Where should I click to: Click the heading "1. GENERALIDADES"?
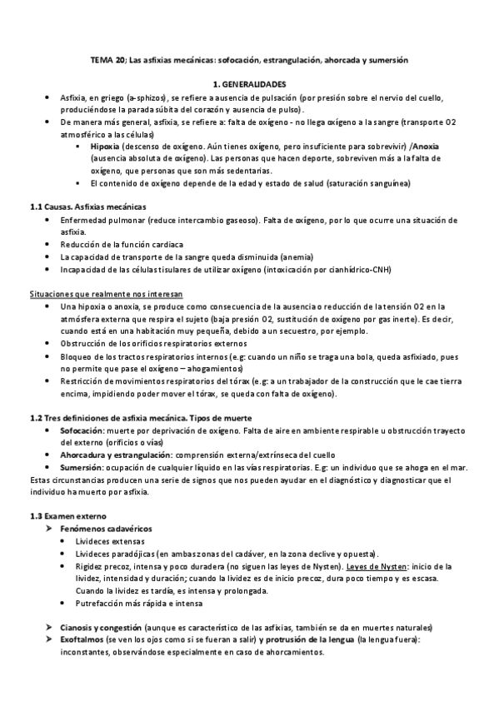[x=249, y=84]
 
